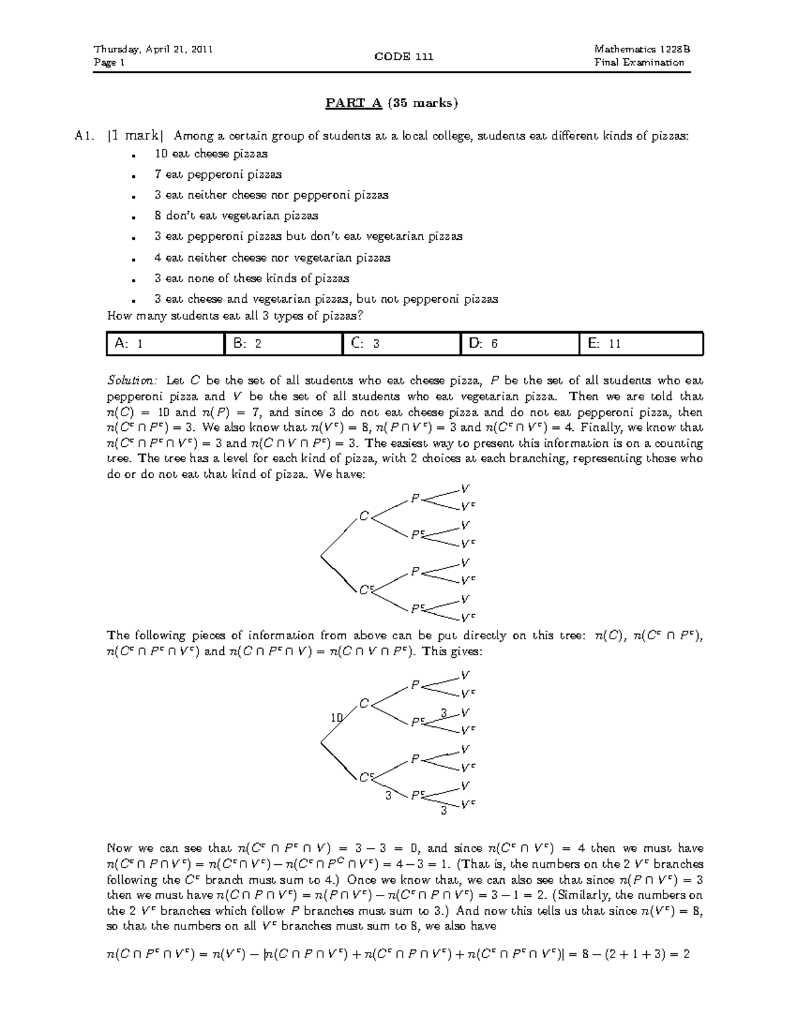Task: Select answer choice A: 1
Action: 166,344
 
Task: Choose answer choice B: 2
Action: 284,344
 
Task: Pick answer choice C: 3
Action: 401,344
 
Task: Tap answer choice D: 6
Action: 519,344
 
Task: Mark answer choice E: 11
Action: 640,344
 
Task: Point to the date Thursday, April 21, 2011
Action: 153,49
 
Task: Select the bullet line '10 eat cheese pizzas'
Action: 211,154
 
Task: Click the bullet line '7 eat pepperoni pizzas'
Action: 218,175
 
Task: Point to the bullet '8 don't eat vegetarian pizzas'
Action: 236,216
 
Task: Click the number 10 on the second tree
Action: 337,717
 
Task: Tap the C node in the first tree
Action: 363,515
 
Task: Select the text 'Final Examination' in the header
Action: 640,63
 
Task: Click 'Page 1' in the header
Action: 109,63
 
